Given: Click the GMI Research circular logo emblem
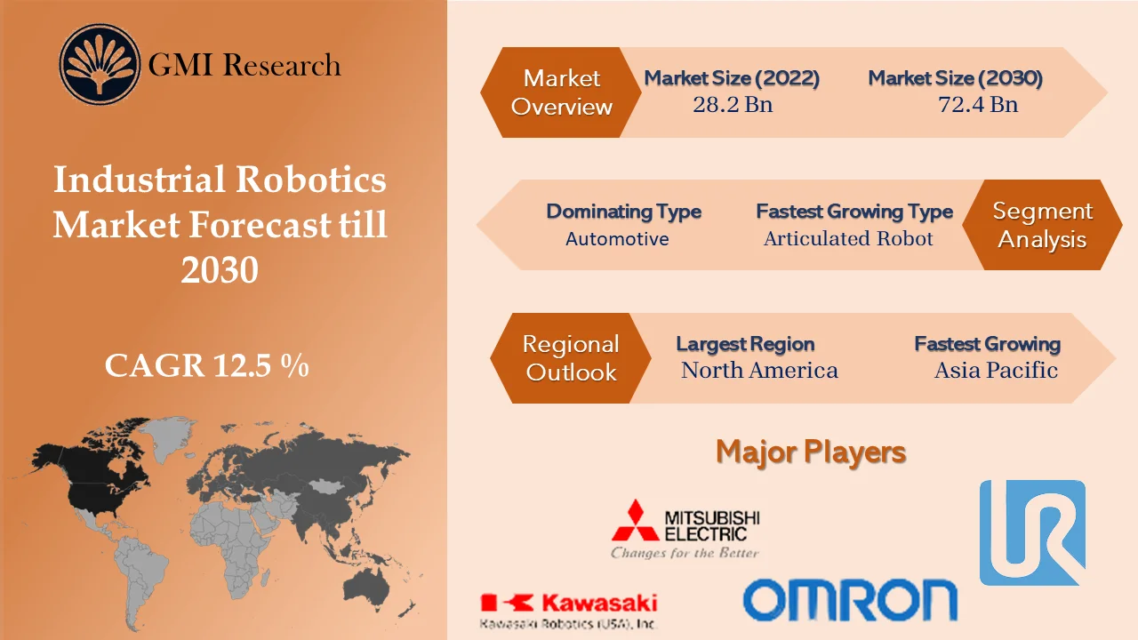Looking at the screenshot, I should [100, 65].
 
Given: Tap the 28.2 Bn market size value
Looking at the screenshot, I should [732, 105].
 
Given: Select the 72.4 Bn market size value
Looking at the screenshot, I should [977, 105].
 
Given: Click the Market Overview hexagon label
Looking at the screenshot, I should [562, 92].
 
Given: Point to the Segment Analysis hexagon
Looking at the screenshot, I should [1042, 225].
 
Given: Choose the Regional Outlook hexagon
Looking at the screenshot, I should [571, 358].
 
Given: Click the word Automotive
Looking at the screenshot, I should [617, 238].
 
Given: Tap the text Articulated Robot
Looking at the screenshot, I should [848, 238].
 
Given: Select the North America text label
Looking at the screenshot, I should [759, 370].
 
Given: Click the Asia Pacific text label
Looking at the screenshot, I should [996, 370].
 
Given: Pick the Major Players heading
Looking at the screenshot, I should [811, 452].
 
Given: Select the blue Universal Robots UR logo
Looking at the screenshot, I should [1032, 532].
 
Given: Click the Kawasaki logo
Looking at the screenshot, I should [568, 604].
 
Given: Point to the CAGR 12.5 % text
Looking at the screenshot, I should [207, 365].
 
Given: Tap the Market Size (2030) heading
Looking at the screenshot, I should [955, 78].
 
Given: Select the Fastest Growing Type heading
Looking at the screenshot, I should [853, 212].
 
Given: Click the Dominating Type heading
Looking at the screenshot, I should [623, 212].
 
